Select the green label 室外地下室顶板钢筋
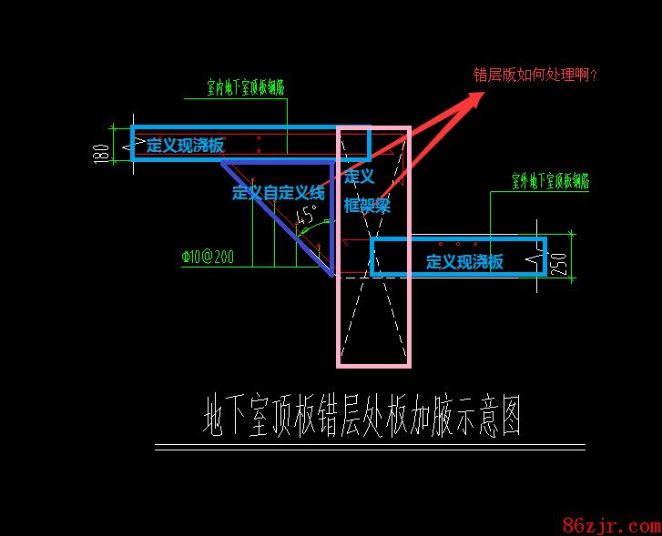(550, 183)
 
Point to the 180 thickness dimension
(99, 152)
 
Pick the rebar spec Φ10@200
(208, 258)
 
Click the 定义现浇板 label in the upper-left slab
(185, 145)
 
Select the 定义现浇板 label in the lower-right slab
(464, 262)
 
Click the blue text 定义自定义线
(278, 192)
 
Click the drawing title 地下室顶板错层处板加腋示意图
(362, 416)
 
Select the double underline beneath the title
(369, 447)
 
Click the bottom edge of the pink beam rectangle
(373, 366)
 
